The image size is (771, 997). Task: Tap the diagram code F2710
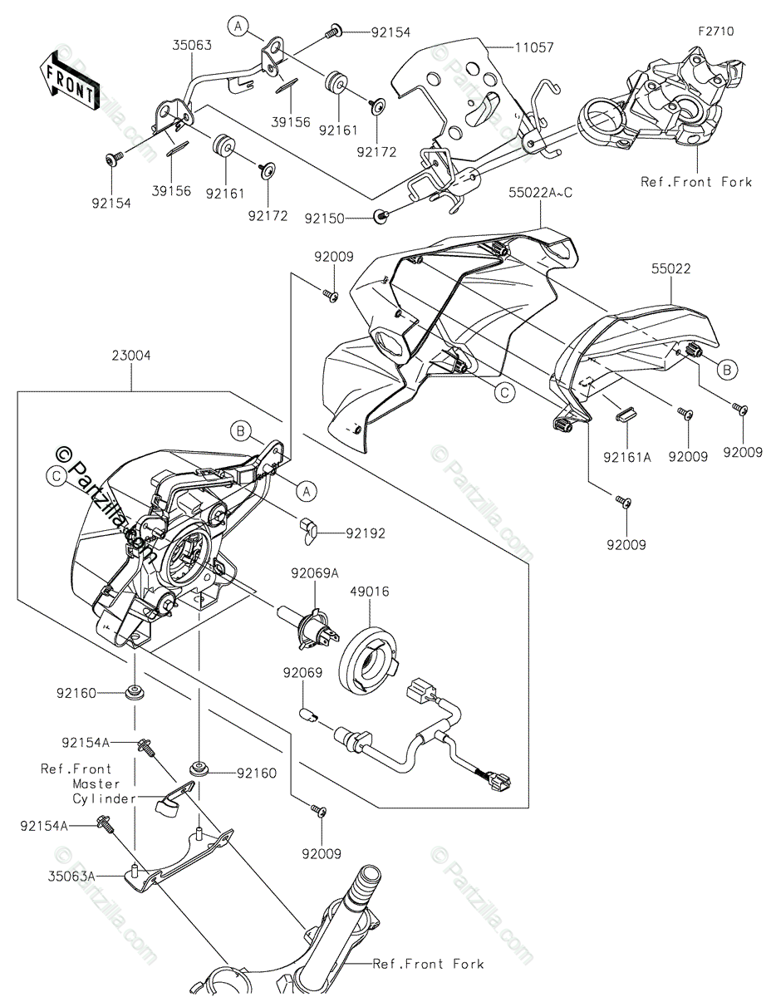[715, 32]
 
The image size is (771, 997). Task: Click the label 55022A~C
[541, 193]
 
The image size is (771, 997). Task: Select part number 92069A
[314, 572]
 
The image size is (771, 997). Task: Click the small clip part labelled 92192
[308, 530]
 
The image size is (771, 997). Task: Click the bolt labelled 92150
[381, 217]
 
